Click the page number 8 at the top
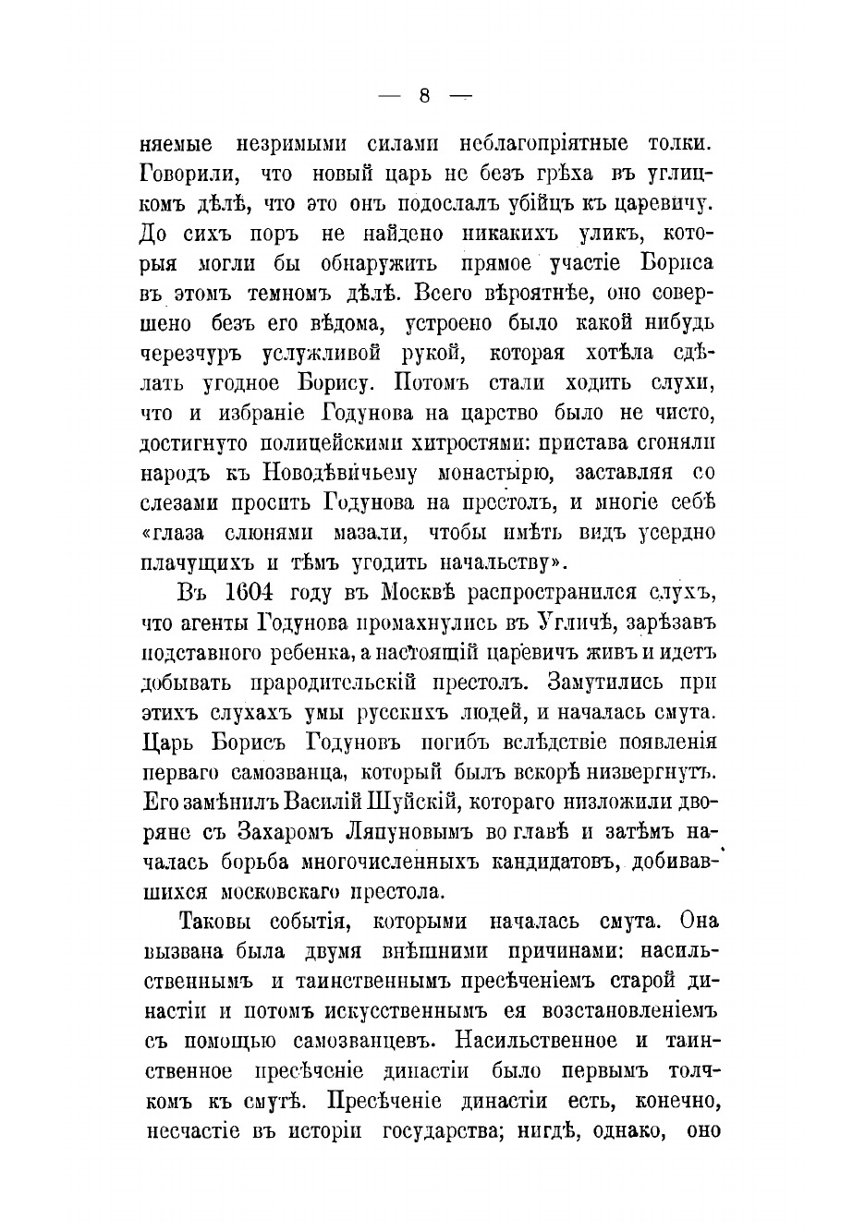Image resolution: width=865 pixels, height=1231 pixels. tap(425, 96)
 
